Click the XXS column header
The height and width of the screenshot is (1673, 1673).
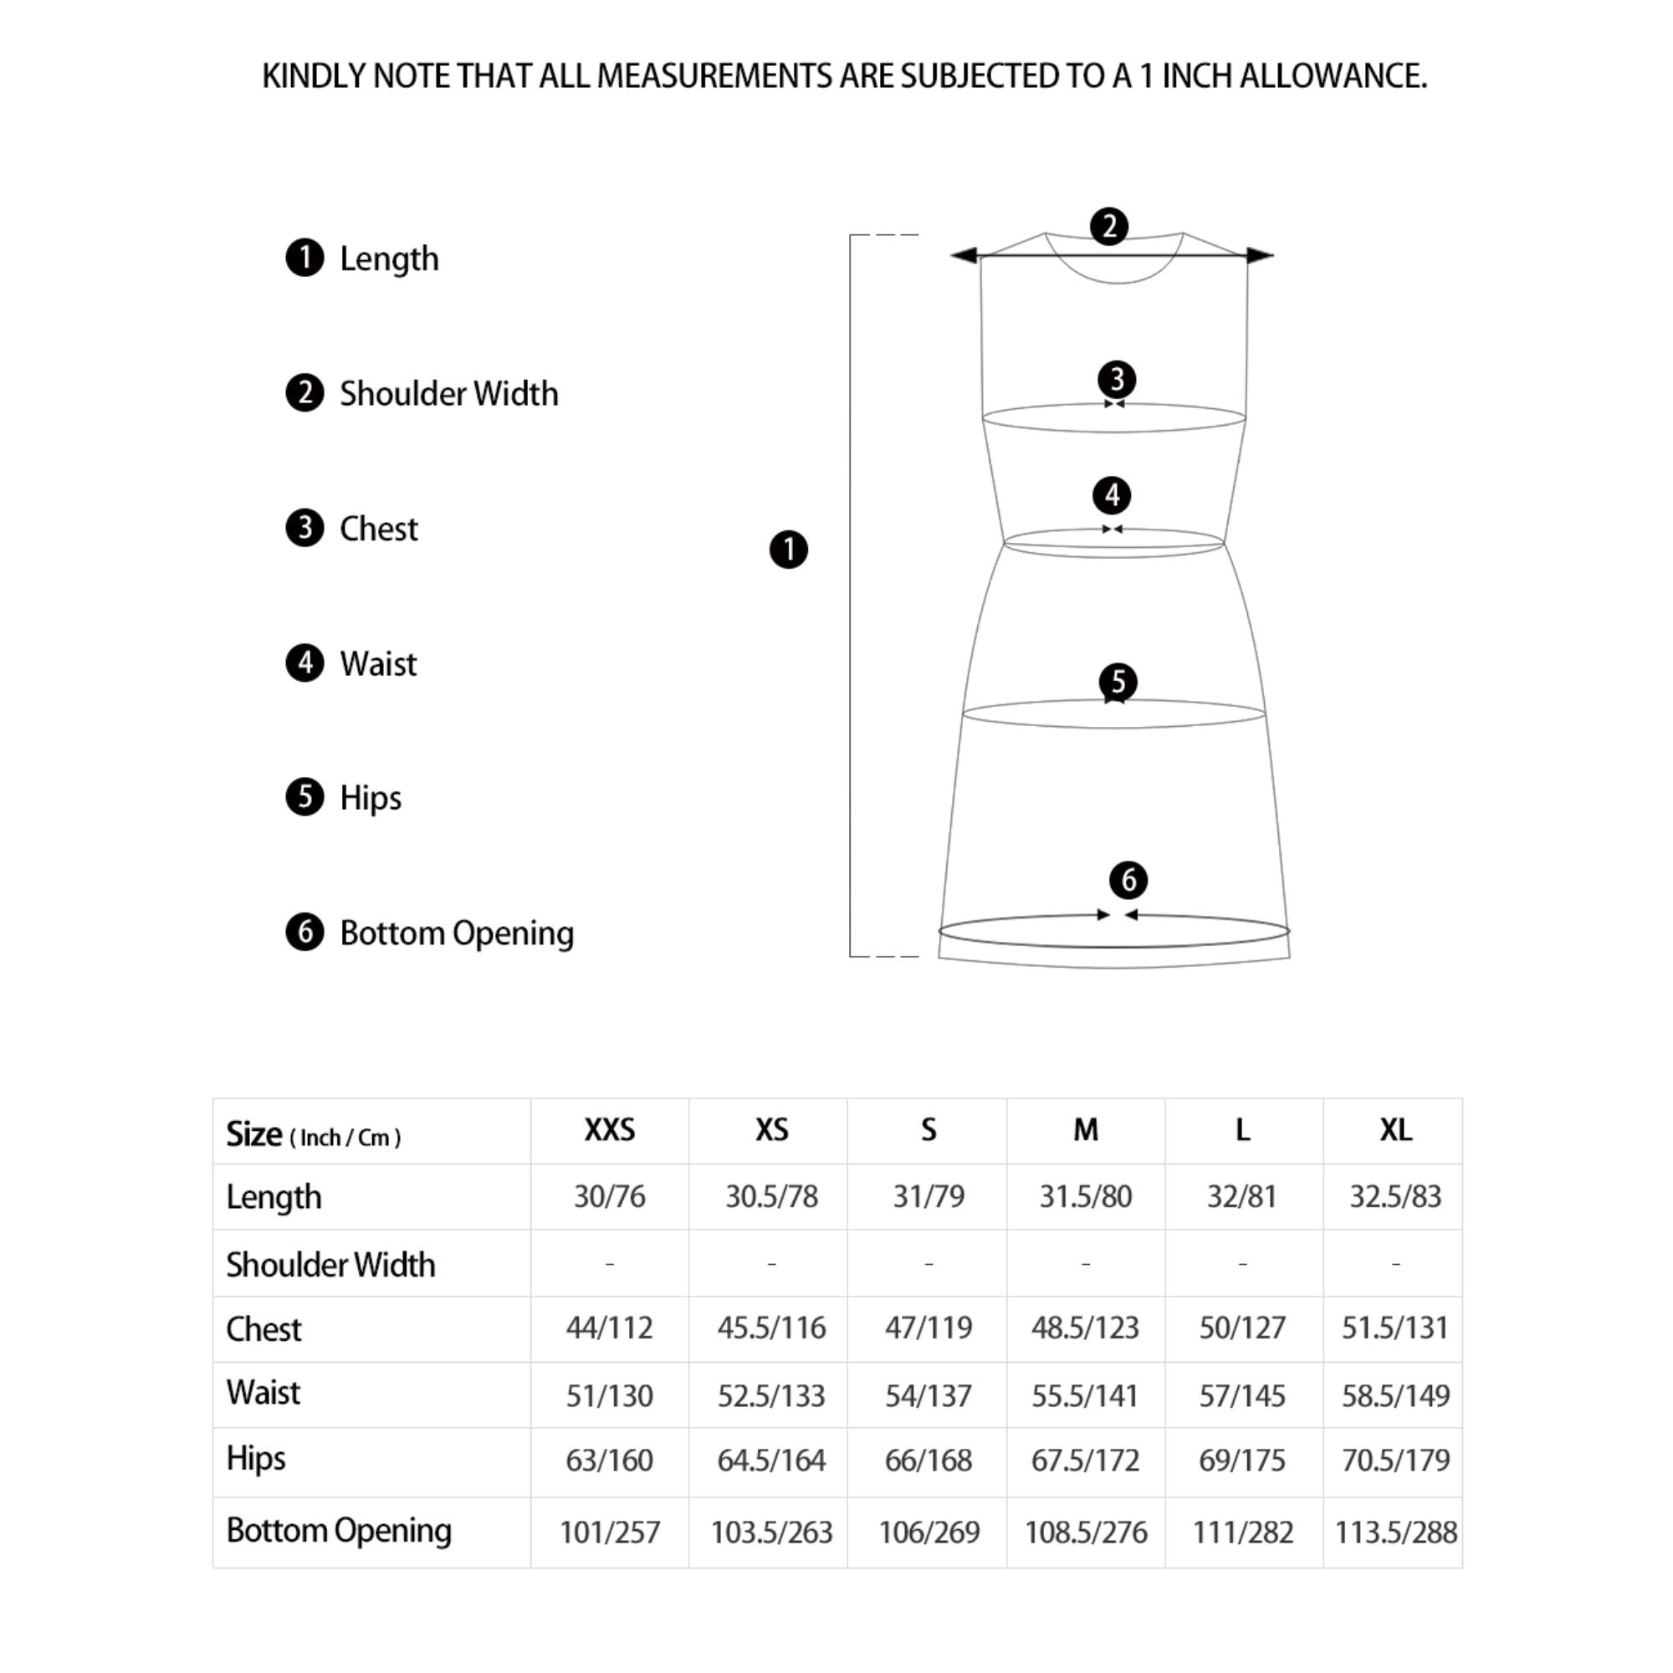(x=610, y=1130)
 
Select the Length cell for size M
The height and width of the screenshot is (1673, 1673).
(x=1085, y=1196)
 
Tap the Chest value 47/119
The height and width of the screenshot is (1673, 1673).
(x=929, y=1328)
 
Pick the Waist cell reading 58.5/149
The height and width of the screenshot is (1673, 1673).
(x=1395, y=1395)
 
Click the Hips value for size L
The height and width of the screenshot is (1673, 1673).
(x=1241, y=1461)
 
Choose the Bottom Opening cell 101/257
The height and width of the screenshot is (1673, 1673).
(x=610, y=1532)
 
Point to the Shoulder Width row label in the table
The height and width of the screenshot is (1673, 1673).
(x=330, y=1265)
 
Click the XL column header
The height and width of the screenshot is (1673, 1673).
(x=1395, y=1130)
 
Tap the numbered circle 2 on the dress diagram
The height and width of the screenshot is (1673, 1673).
(x=1109, y=227)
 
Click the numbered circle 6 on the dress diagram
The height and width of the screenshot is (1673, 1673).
(x=1128, y=881)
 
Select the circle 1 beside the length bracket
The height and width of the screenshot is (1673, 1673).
(x=788, y=550)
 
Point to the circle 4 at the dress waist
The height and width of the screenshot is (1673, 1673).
(x=1112, y=495)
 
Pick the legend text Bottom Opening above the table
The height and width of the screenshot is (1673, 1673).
(x=457, y=934)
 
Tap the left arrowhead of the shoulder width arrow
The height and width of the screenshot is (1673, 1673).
(x=964, y=255)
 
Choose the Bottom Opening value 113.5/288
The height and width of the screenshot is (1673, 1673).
(x=1395, y=1532)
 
